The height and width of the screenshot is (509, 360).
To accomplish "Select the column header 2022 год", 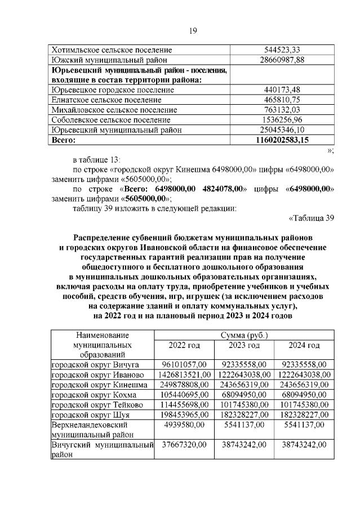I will [185, 345].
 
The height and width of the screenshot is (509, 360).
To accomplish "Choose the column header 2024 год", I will [304, 345].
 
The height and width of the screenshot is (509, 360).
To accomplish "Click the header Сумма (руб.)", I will [244, 335].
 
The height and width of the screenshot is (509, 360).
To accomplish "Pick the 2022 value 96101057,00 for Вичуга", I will [185, 364].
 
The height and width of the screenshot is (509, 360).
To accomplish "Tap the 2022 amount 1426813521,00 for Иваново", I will [185, 374].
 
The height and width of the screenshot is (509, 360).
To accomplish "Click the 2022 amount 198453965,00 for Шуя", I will [185, 415].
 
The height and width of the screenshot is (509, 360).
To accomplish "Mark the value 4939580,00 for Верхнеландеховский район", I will [185, 425].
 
